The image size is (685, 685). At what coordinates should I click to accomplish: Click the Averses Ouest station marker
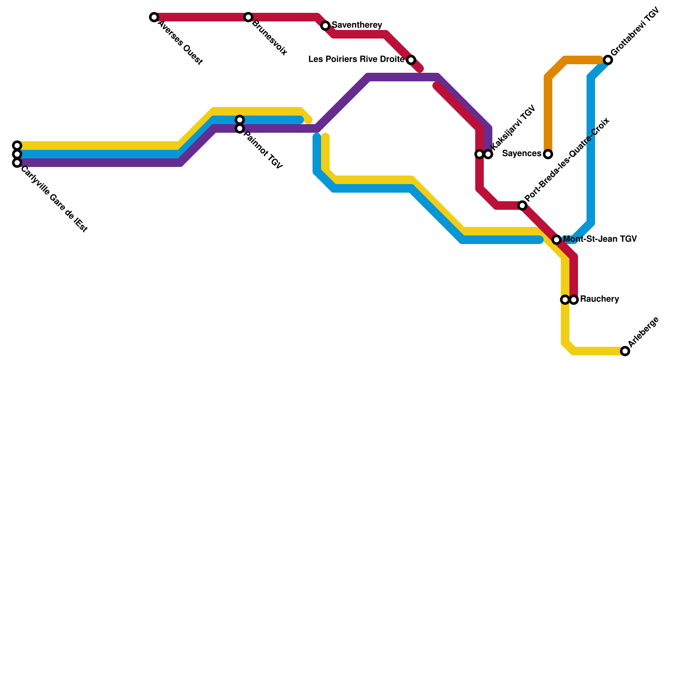[x=154, y=17]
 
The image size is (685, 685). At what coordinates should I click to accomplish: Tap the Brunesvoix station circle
[x=248, y=17]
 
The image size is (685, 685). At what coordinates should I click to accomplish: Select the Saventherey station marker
[x=325, y=26]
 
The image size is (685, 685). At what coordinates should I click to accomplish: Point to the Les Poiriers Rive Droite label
[x=356, y=60]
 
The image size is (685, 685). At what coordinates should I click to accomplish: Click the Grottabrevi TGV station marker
[x=608, y=60]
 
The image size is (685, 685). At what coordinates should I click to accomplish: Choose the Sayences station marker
[x=548, y=154]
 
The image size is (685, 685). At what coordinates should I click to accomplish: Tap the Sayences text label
[x=522, y=154]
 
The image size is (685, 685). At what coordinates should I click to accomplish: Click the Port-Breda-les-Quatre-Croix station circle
[x=522, y=205]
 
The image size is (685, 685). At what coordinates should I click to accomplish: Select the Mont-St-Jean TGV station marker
[x=557, y=240]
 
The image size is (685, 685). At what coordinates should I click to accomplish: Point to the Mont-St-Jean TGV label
[x=600, y=239]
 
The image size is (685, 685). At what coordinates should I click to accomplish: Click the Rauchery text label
[x=599, y=299]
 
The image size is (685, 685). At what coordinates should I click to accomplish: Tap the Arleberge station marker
[x=625, y=351]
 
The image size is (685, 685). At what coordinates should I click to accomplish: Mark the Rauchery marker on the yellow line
[x=565, y=300]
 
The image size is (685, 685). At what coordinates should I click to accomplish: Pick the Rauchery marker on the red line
[x=574, y=300]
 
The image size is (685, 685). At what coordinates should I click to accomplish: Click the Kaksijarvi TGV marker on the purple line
[x=488, y=154]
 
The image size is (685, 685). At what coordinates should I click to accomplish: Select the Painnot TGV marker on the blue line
[x=240, y=120]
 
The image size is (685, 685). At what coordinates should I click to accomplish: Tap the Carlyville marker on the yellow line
[x=17, y=146]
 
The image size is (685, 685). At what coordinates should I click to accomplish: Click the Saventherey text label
[x=357, y=25]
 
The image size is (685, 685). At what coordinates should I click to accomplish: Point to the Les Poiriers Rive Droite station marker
[x=411, y=60]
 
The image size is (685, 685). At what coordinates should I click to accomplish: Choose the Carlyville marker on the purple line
[x=17, y=163]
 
